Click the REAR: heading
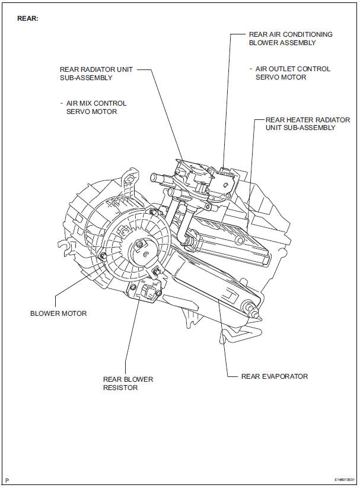(x=28, y=18)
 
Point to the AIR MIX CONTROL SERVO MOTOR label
(x=95, y=107)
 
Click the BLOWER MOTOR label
(x=58, y=313)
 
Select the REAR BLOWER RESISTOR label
(x=128, y=383)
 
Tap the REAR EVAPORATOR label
(x=275, y=376)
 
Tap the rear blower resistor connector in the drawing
(x=148, y=291)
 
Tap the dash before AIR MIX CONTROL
(x=61, y=103)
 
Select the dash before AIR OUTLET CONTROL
(x=251, y=69)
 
